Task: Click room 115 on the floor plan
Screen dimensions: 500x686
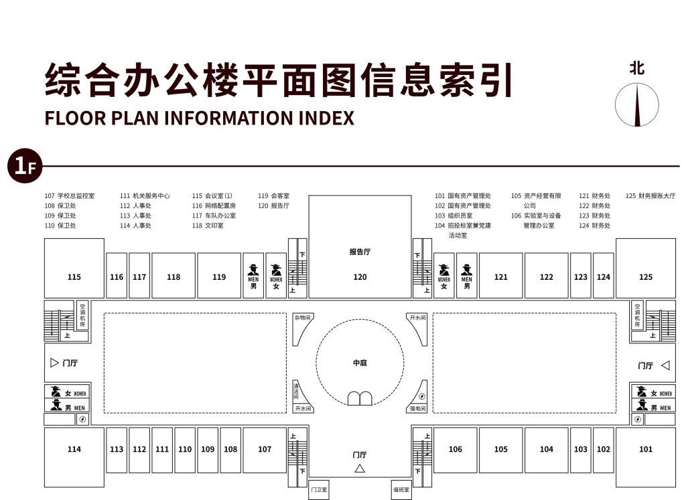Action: coord(74,276)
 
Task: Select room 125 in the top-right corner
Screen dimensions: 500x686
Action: coord(646,276)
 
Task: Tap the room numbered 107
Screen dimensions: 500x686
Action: coord(265,449)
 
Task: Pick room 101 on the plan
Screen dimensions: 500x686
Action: coord(646,449)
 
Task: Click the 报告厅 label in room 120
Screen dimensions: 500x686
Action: coord(360,252)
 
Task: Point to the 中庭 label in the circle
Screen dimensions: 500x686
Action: coord(360,363)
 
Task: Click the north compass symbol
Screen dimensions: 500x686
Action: coord(637,105)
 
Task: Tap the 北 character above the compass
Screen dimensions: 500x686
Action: coord(637,68)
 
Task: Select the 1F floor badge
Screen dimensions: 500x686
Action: coord(24,166)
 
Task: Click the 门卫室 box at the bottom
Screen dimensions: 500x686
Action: coord(319,490)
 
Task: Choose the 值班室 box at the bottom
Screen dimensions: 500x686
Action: coord(401,490)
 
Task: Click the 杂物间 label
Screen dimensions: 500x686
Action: coord(303,317)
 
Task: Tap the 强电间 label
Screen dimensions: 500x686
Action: coord(417,408)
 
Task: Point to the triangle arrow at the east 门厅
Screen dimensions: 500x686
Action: coord(665,365)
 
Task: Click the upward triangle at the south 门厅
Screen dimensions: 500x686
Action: coord(360,469)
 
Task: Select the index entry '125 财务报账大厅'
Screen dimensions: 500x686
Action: coord(650,196)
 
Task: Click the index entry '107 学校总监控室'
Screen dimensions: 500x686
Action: coord(70,196)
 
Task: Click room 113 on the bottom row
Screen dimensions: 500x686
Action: coord(117,449)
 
